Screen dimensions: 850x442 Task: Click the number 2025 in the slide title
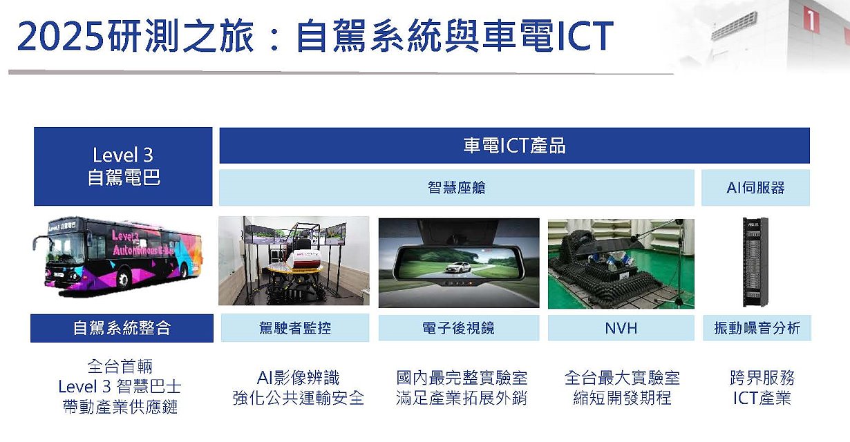click(60, 36)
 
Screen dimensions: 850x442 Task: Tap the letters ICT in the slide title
click(585, 36)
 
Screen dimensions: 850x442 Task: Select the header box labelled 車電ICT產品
click(514, 146)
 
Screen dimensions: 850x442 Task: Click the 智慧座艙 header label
click(457, 188)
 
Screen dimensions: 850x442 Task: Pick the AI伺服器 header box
click(755, 188)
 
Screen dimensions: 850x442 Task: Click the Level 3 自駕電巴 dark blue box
click(123, 166)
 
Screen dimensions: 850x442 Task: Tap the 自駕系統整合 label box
click(122, 328)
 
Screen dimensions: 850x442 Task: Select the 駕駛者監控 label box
click(295, 328)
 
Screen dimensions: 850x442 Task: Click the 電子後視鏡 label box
click(459, 328)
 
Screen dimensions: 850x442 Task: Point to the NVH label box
click(621, 328)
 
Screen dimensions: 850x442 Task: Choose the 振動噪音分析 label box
click(757, 328)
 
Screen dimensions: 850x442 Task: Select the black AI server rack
click(755, 262)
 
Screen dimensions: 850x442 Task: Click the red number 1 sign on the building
click(810, 21)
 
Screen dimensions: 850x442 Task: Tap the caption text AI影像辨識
click(298, 378)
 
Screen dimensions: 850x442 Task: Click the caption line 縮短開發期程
click(622, 398)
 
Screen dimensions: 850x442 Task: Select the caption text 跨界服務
click(762, 378)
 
